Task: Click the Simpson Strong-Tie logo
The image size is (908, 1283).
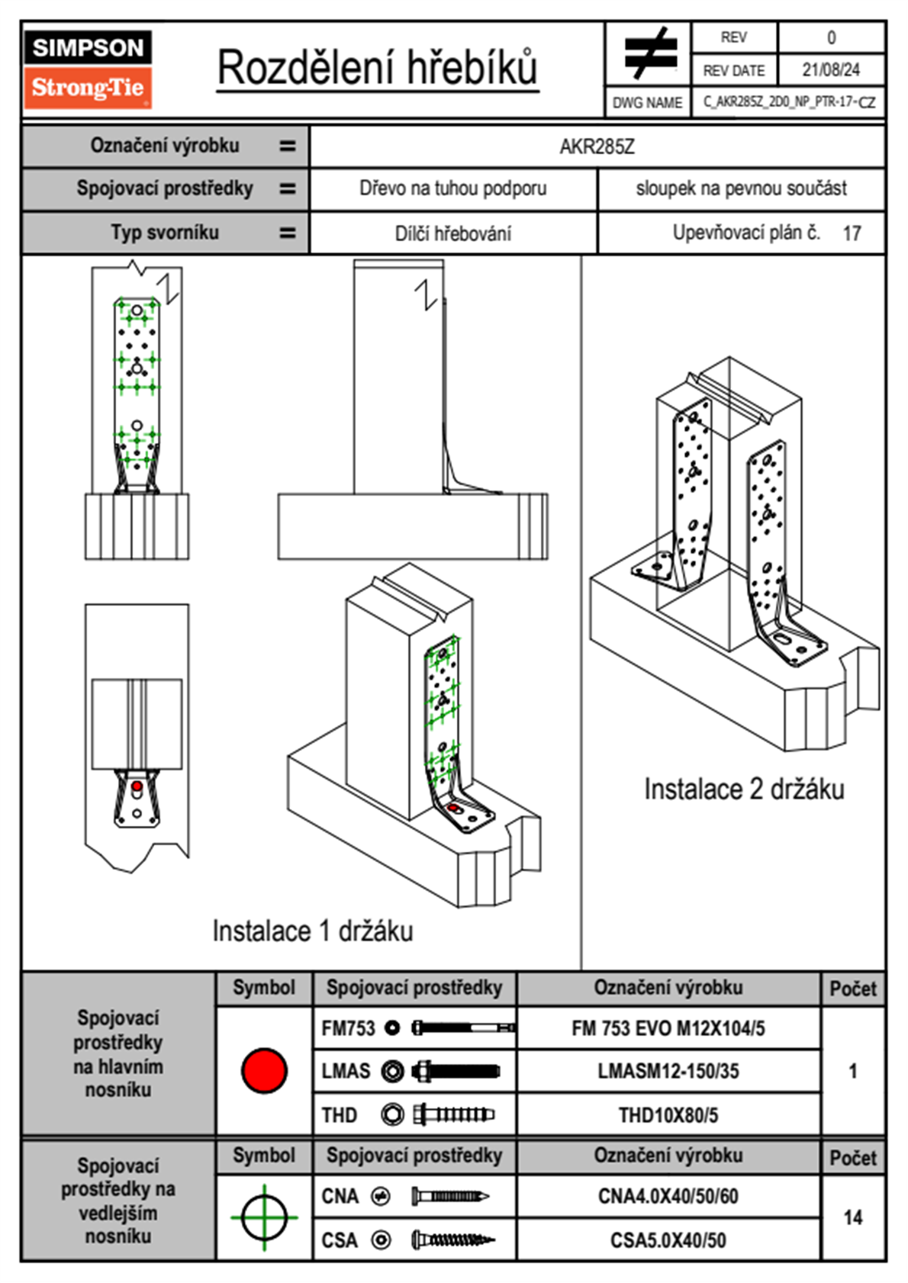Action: click(88, 69)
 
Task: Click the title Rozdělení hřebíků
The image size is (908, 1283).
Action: click(378, 67)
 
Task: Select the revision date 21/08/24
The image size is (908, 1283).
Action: click(830, 69)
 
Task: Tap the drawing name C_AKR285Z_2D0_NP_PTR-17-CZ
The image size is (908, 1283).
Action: click(788, 101)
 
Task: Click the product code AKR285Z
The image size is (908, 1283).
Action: click(597, 146)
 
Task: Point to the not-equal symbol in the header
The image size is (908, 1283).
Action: click(649, 53)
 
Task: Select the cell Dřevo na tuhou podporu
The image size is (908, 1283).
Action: click(452, 188)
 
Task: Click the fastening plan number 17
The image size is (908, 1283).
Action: click(852, 233)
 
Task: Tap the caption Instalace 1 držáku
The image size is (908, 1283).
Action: click(312, 931)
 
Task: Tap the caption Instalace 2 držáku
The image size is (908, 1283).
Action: click(743, 789)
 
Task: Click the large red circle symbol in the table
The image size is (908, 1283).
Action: click(264, 1070)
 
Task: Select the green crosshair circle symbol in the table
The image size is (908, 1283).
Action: click(264, 1217)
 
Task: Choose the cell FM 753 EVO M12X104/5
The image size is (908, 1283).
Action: click(668, 1028)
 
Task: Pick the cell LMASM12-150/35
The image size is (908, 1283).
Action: click(668, 1071)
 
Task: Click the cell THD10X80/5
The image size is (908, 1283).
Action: click(668, 1115)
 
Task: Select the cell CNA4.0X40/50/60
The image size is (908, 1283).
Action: click(668, 1196)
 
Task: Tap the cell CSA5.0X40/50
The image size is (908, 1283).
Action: click(668, 1240)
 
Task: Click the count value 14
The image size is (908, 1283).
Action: click(852, 1217)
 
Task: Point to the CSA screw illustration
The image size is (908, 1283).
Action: click(452, 1240)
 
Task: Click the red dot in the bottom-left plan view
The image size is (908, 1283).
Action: click(137, 786)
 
